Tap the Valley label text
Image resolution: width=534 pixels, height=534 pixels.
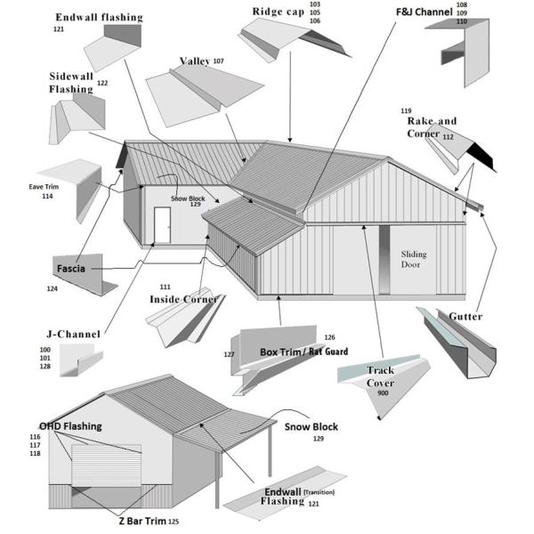195,61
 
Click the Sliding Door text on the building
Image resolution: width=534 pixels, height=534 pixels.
413,259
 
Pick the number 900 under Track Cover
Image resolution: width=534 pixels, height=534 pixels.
384,392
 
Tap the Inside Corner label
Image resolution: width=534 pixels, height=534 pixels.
184,299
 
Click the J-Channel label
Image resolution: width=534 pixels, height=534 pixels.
73,334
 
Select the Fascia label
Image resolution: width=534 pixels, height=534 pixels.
72,267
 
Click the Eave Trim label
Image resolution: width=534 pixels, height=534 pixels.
44,187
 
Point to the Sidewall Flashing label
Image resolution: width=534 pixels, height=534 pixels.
70,83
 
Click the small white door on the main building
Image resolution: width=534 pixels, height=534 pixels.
162,224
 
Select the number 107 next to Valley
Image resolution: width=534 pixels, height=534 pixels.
218,61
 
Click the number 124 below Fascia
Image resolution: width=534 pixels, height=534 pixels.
53,288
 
